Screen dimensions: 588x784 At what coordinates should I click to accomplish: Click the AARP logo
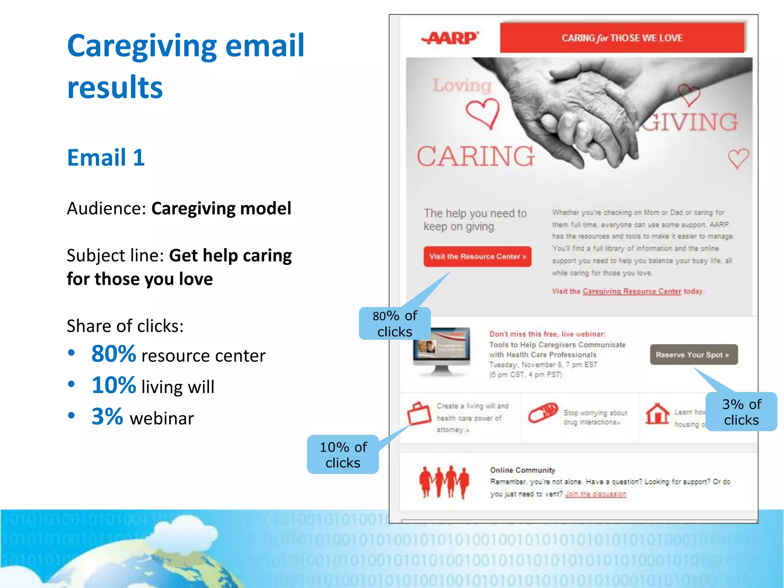click(450, 38)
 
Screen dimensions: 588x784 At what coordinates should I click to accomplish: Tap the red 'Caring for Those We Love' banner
click(622, 38)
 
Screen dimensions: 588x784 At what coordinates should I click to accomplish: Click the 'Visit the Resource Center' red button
click(477, 256)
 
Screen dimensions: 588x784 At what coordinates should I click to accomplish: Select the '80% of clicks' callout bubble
click(395, 323)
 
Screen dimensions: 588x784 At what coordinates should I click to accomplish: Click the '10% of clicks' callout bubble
click(343, 455)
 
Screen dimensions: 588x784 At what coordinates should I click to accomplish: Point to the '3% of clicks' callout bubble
click(741, 412)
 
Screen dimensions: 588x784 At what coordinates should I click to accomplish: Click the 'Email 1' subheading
click(106, 157)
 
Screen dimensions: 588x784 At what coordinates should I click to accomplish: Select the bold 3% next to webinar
click(107, 416)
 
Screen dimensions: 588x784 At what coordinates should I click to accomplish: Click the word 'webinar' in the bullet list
click(162, 418)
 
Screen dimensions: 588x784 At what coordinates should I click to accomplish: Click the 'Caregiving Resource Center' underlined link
click(632, 291)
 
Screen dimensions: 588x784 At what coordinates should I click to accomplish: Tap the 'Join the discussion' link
click(595, 494)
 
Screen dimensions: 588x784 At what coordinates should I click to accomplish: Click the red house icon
click(657, 414)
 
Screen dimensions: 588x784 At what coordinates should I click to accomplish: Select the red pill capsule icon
click(543, 413)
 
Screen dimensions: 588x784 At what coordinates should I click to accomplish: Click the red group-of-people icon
click(444, 482)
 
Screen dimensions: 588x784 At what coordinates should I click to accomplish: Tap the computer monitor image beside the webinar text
click(441, 350)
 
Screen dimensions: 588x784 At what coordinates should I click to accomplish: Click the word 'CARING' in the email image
click(475, 157)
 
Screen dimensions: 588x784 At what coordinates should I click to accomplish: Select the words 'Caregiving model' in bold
click(221, 209)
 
